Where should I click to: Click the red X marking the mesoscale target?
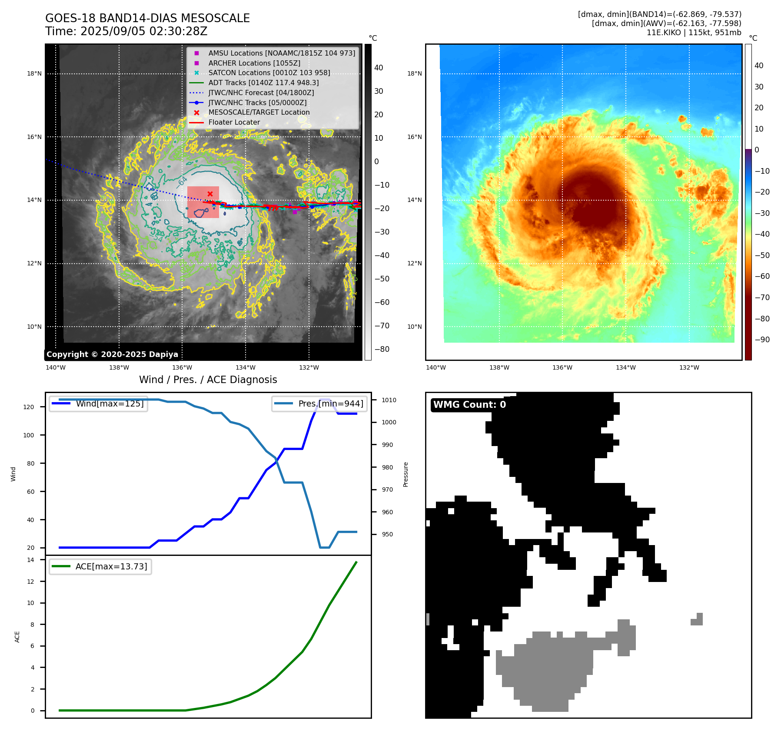[210, 194]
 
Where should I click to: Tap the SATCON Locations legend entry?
[269, 73]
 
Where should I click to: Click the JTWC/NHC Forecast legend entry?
[261, 93]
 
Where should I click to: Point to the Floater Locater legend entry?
[234, 122]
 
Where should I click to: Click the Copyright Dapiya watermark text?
[112, 354]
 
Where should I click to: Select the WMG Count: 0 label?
[469, 405]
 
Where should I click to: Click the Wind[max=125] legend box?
[98, 403]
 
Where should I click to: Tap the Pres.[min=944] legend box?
[319, 403]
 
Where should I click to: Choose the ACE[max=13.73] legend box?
[100, 566]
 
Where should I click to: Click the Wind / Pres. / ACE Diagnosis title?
[208, 380]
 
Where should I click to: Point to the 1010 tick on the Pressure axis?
[389, 400]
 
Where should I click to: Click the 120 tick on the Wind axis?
[28, 407]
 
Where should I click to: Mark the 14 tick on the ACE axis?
[30, 560]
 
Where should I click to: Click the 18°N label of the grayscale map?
[34, 73]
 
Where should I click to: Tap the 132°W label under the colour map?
[689, 367]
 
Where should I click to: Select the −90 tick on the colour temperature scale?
[762, 340]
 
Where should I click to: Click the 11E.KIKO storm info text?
[694, 33]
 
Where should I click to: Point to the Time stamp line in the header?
[126, 31]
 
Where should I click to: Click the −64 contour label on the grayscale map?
[183, 181]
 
